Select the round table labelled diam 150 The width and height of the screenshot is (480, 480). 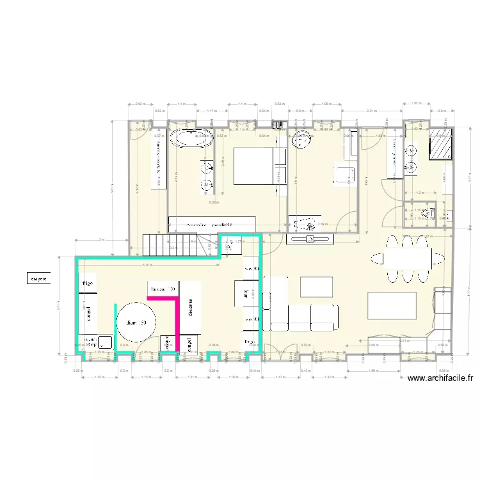136,323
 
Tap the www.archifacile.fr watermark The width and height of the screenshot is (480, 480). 440,378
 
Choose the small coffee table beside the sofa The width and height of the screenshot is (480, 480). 316,286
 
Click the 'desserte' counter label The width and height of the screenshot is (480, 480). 191,311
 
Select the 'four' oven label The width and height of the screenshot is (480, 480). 246,294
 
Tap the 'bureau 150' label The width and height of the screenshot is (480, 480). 163,289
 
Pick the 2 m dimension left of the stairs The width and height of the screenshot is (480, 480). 101,239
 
